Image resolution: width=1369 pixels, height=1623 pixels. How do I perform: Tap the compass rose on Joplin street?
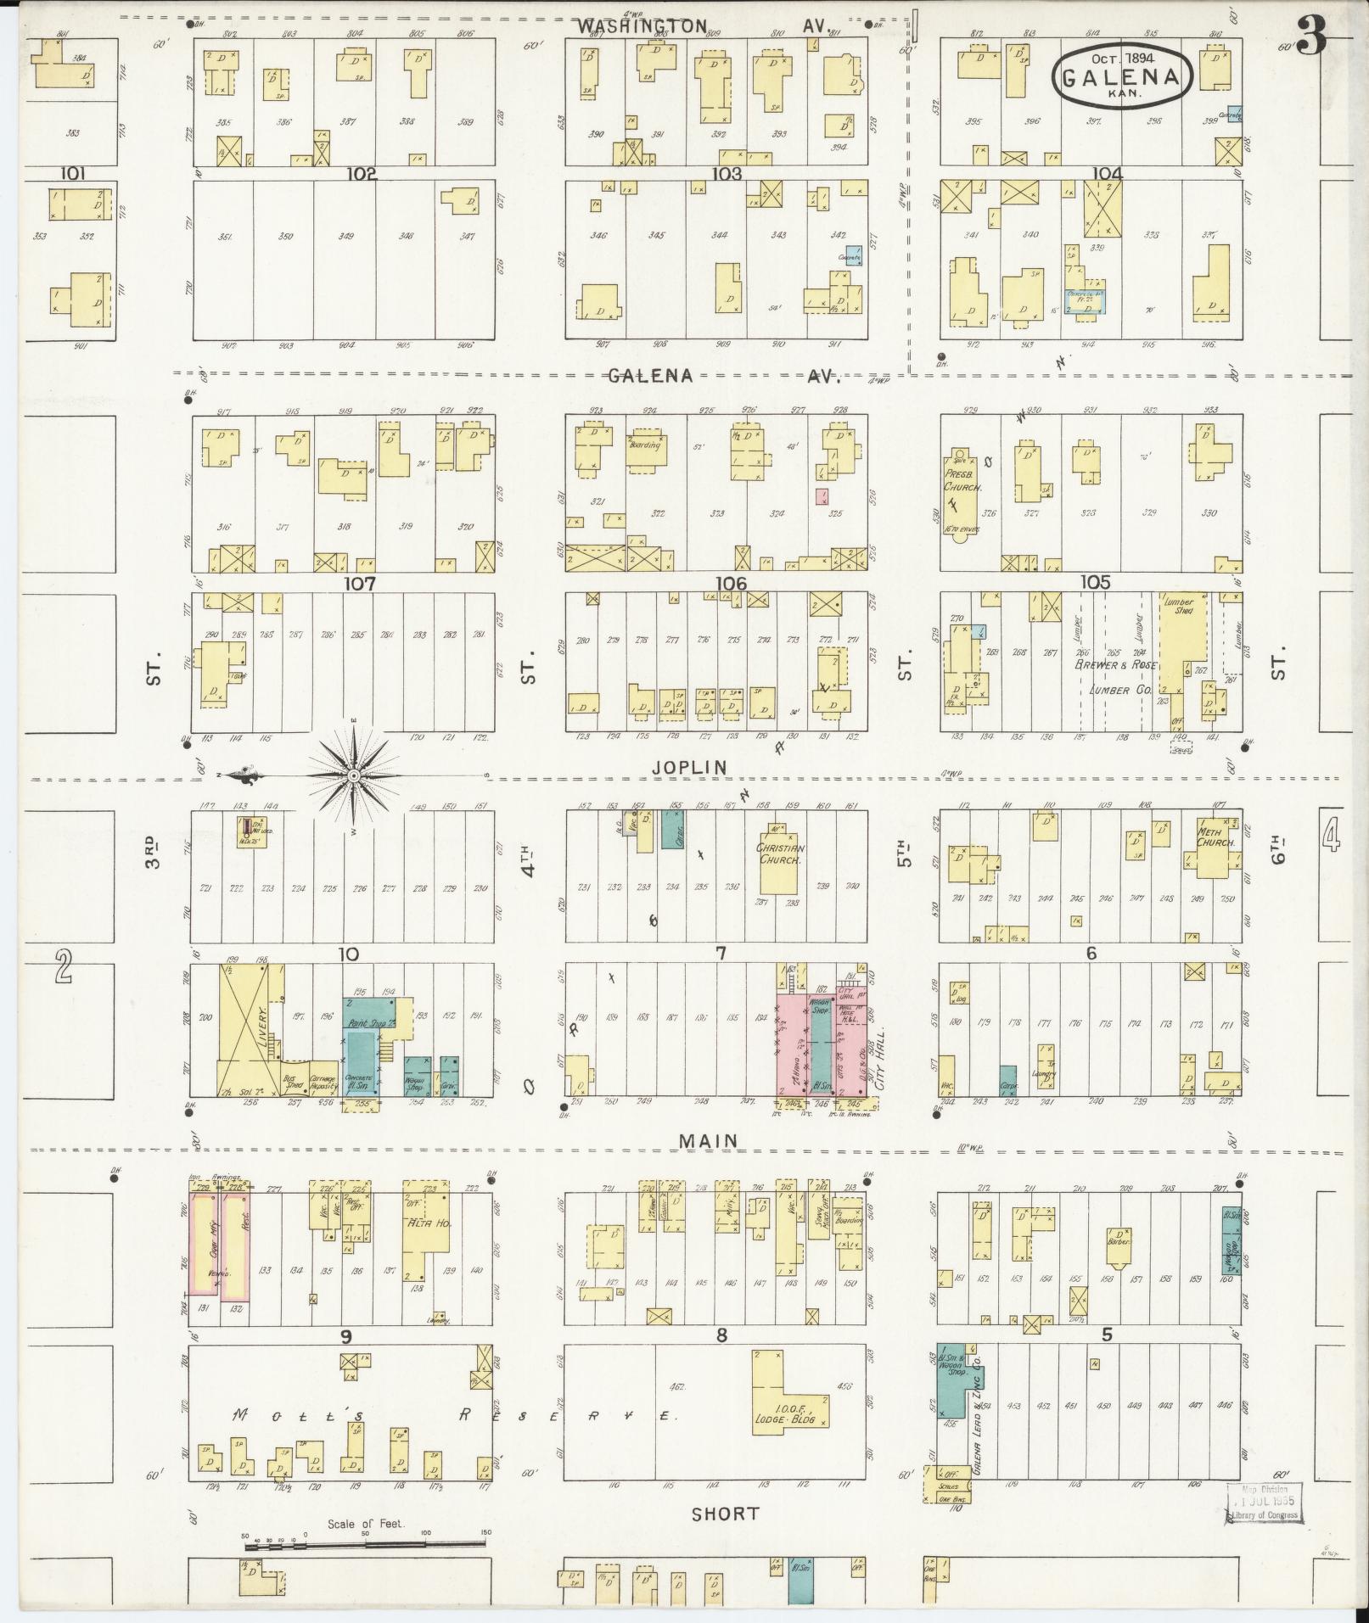pyautogui.click(x=354, y=775)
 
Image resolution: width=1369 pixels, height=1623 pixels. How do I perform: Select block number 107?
pyautogui.click(x=360, y=585)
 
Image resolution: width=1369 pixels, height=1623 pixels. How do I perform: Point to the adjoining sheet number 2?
pyautogui.click(x=62, y=965)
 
